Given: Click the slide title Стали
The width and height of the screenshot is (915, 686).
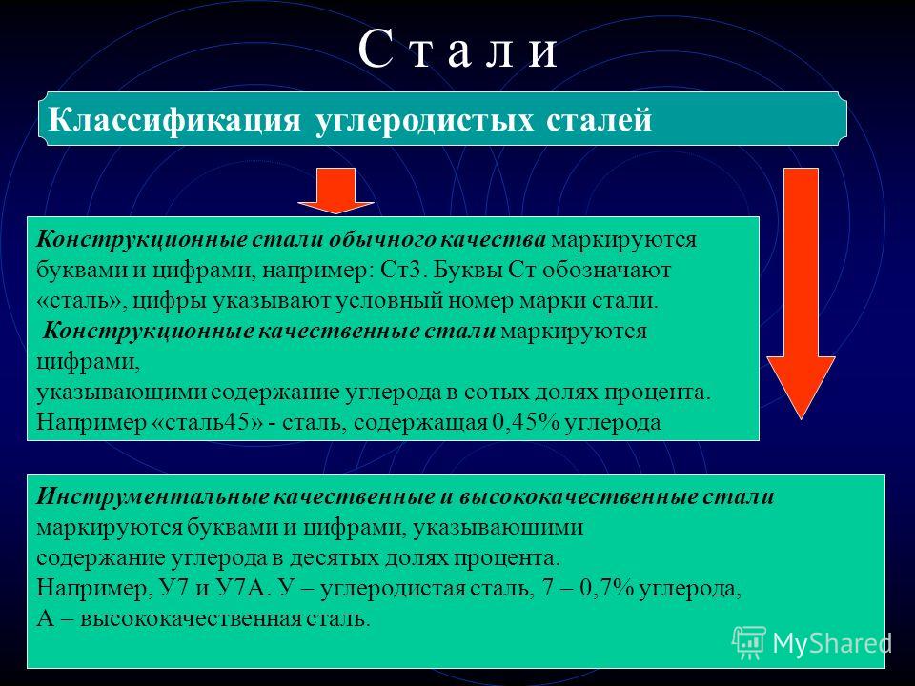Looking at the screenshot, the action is click(x=457, y=50).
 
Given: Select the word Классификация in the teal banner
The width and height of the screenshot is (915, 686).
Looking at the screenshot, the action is click(x=174, y=121).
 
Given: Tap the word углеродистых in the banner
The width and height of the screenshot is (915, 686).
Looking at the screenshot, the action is click(x=424, y=121).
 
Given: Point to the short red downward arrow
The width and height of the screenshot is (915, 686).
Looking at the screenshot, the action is click(x=335, y=191).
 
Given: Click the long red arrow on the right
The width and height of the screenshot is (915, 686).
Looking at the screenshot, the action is click(x=801, y=293).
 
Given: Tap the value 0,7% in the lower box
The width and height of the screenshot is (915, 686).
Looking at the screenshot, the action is click(x=607, y=588).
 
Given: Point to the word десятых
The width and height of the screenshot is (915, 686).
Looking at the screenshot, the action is click(x=334, y=557).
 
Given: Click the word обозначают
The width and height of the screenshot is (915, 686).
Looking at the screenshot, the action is click(x=607, y=270).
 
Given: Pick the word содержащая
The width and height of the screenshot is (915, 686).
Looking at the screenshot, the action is click(x=420, y=422).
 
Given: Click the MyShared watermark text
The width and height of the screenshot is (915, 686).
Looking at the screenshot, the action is click(x=833, y=644).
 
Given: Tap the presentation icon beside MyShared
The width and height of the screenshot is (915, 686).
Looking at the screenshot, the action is click(x=749, y=642).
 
